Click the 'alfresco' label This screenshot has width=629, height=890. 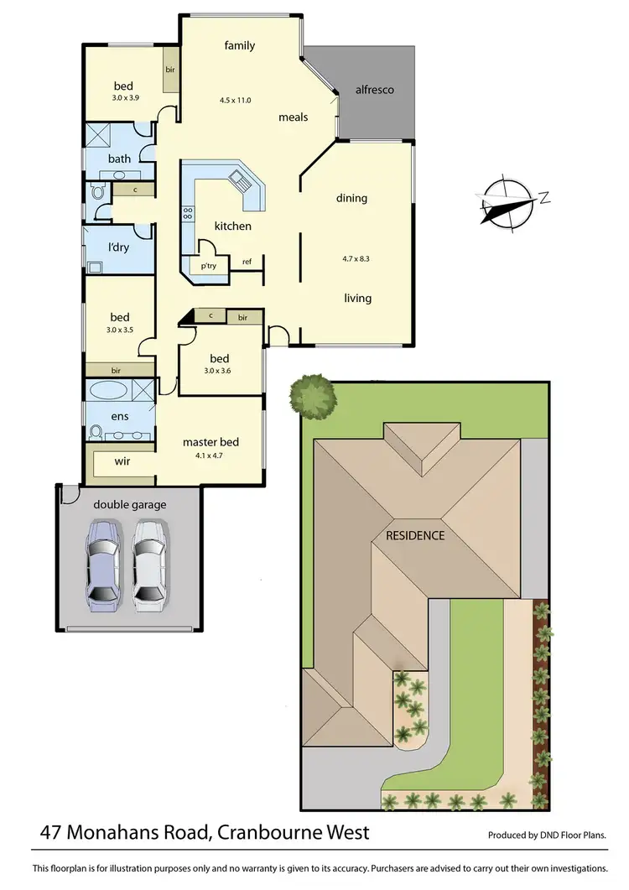pos(374,90)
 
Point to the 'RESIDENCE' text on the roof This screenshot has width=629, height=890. pos(415,535)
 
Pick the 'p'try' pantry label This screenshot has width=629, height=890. pos(207,266)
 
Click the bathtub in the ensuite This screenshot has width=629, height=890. pos(109,391)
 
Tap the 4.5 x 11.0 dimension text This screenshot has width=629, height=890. pos(236,100)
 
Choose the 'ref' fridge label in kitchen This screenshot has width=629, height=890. pos(247,263)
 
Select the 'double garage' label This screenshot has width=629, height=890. pos(129,504)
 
